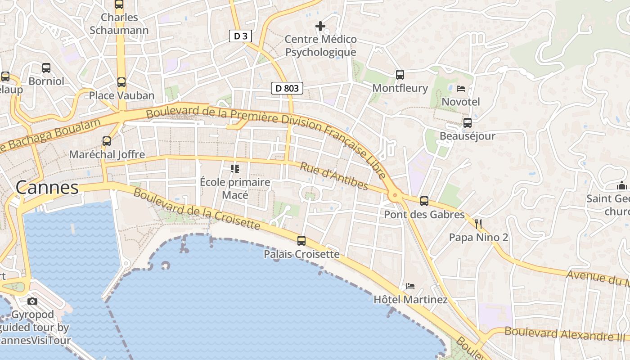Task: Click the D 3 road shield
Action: coord(240,36)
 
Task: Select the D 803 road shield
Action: coord(287,88)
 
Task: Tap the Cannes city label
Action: coord(47,188)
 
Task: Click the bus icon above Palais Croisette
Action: coord(301,241)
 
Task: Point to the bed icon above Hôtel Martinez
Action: coord(410,286)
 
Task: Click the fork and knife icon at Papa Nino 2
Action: coord(478,224)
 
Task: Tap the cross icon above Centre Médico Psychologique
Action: coord(320,26)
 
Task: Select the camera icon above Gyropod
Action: coord(32,301)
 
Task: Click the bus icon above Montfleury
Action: coord(400,75)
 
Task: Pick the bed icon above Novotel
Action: coord(461,88)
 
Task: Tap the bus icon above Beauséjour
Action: coord(468,122)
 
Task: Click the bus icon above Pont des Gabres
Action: coord(424,201)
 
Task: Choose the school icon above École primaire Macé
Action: coord(234,169)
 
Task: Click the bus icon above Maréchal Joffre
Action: coord(107,141)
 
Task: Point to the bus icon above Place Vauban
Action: coord(121,82)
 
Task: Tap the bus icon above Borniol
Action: coord(46,68)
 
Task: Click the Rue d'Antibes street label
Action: coord(334,176)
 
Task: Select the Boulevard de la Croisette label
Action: coord(197,209)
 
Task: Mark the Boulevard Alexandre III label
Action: coord(564,334)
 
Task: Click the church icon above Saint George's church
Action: coord(622,185)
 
